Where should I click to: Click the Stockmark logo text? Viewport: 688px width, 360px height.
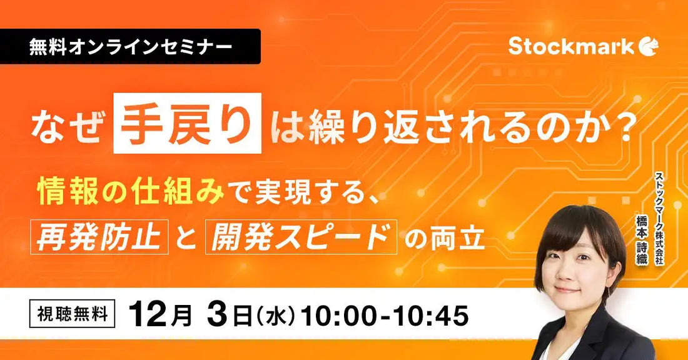(570, 46)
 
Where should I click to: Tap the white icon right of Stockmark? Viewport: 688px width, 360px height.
(649, 46)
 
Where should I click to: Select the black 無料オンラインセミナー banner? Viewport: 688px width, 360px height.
(130, 47)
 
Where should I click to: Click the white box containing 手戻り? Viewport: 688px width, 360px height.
(187, 123)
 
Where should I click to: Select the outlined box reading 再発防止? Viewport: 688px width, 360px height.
(101, 237)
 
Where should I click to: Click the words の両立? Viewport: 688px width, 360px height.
(445, 238)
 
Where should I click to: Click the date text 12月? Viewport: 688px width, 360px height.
(160, 315)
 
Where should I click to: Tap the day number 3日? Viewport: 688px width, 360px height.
(226, 315)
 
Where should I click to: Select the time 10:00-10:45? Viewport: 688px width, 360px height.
(385, 315)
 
